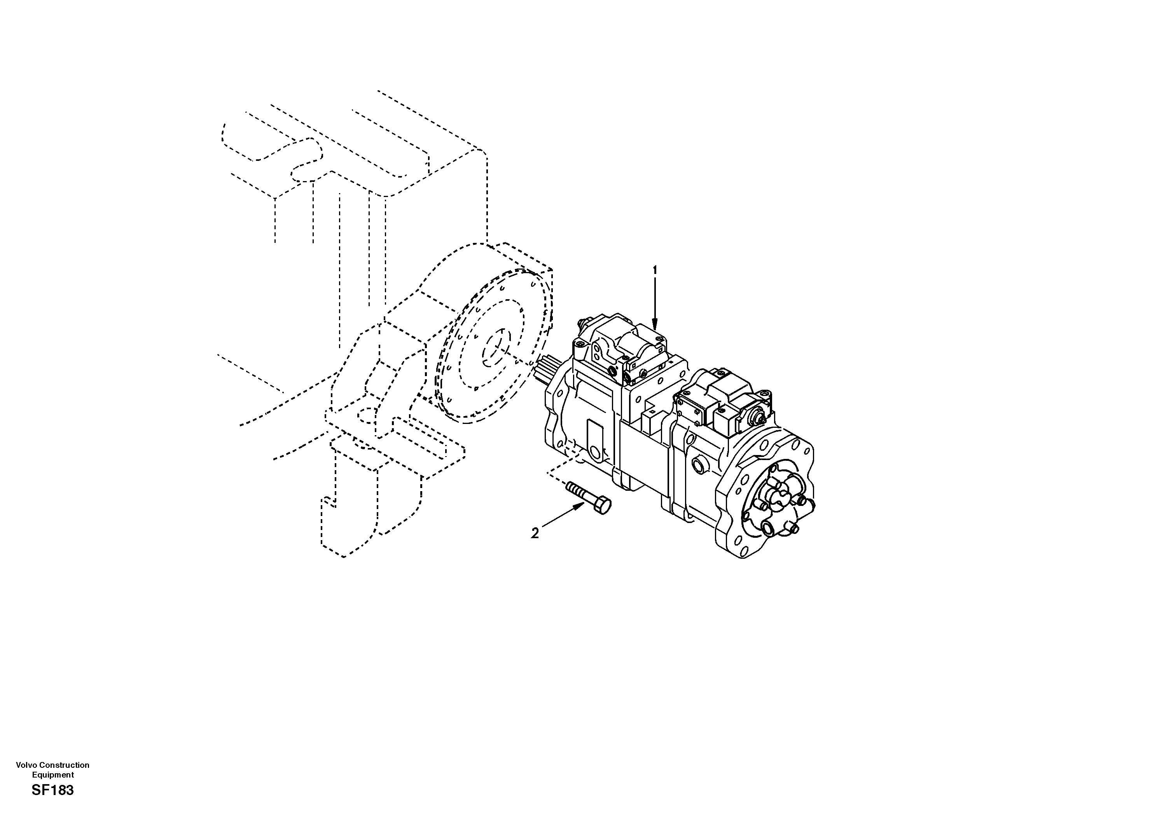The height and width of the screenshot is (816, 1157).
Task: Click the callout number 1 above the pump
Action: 655,270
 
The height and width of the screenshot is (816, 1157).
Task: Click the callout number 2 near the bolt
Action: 535,533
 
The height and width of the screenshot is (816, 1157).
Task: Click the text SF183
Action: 52,790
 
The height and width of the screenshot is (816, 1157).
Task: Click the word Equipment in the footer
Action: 52,775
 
